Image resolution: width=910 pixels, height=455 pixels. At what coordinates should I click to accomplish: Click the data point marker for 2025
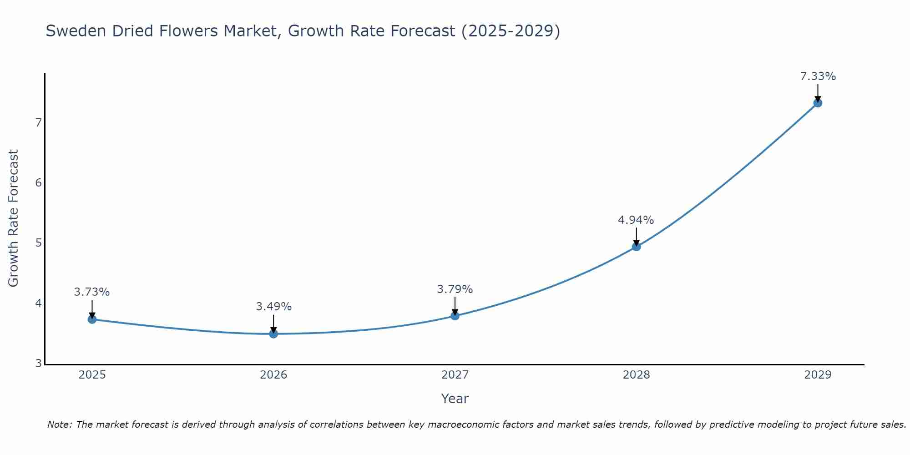pos(92,319)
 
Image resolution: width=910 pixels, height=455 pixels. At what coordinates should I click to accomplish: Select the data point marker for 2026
pos(273,334)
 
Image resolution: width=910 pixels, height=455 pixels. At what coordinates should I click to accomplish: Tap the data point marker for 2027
pos(455,316)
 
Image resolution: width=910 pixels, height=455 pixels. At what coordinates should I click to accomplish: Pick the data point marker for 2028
pos(637,247)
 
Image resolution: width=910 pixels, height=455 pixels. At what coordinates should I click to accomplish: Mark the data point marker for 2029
pos(818,103)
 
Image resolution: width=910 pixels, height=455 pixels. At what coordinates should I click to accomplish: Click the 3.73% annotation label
pos(92,292)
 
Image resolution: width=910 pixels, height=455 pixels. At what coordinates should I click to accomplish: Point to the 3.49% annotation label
pos(273,307)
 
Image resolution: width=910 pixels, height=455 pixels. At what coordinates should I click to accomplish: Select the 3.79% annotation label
pos(455,289)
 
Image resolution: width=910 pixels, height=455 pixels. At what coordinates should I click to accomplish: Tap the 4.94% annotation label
pos(636,220)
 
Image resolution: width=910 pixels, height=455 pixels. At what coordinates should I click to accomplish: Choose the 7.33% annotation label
pos(818,76)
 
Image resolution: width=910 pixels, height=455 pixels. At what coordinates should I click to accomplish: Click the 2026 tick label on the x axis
pos(273,375)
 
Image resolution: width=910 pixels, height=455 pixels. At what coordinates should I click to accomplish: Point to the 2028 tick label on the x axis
pos(637,375)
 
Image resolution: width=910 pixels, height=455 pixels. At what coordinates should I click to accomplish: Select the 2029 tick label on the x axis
pos(818,375)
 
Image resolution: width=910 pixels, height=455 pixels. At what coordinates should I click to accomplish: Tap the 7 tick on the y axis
pos(38,123)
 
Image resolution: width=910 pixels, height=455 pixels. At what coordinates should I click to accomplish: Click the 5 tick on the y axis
pos(38,243)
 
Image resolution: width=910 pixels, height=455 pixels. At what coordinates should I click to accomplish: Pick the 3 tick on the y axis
pos(38,363)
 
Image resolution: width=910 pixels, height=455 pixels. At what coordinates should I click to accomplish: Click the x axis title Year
pos(455,399)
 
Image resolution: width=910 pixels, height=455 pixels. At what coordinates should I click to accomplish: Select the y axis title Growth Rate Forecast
pos(14,218)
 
